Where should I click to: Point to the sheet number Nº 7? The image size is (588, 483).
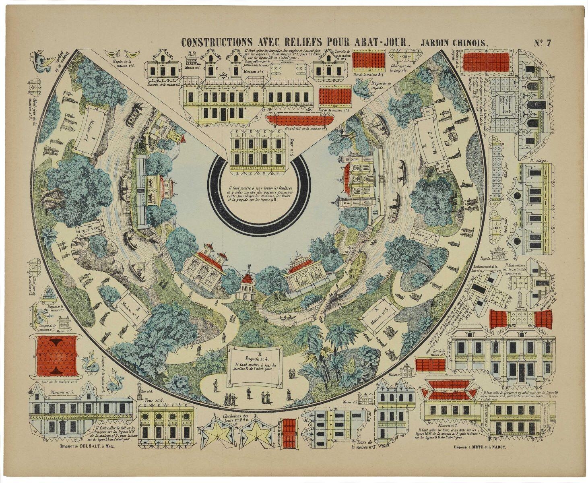click(544, 42)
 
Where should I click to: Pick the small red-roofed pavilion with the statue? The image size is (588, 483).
click(247, 284)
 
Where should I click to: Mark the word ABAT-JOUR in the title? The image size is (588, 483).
click(382, 42)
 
